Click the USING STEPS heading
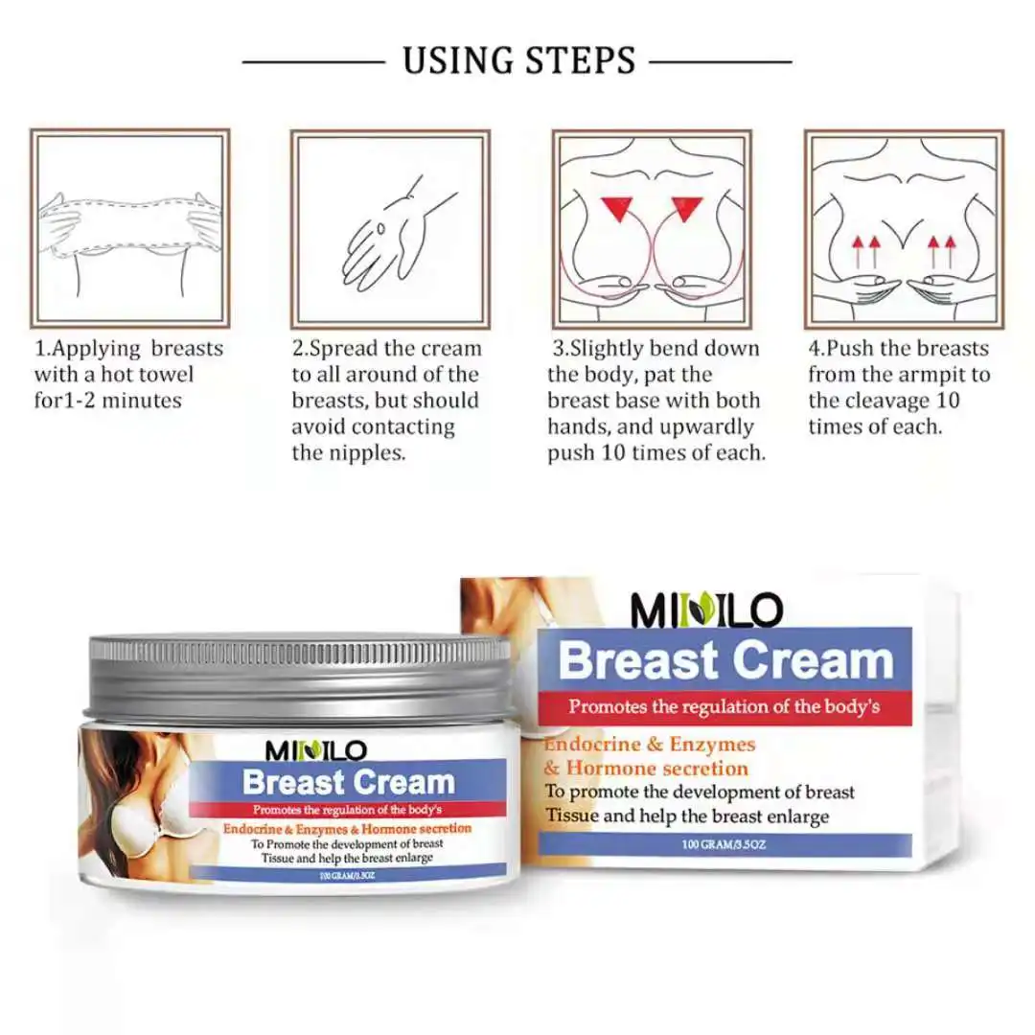coord(518,60)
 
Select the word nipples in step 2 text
coord(364,452)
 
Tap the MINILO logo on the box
coord(707,609)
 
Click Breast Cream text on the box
coord(724,661)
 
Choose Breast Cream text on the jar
coord(347,782)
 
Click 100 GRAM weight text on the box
coord(724,843)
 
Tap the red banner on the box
coord(724,707)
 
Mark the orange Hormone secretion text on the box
coord(656,768)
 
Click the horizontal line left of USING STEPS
coord(312,62)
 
